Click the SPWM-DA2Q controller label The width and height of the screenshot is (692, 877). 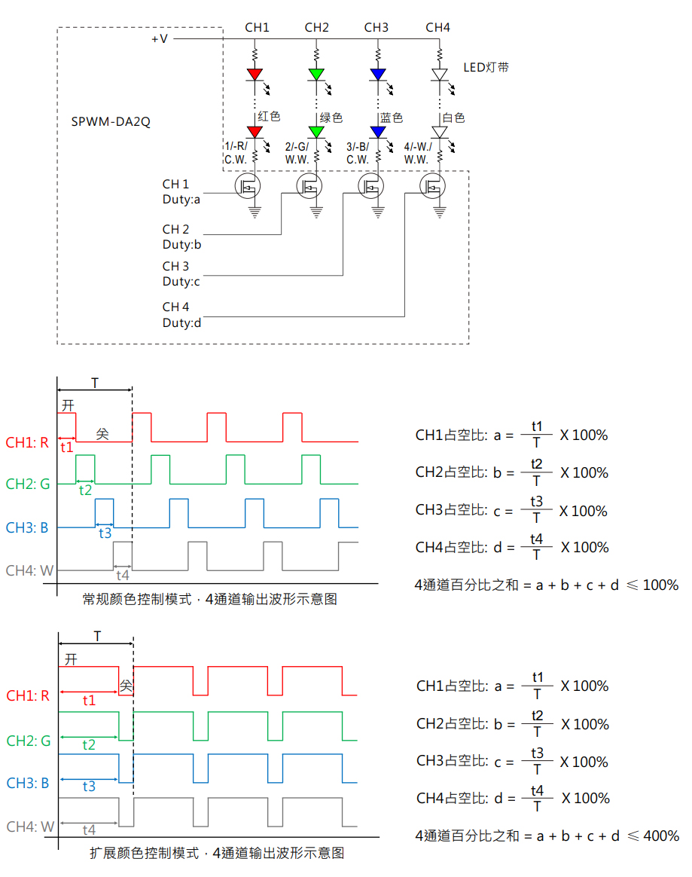click(x=111, y=121)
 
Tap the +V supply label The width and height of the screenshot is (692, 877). click(x=160, y=38)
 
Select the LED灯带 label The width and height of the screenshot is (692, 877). click(x=486, y=67)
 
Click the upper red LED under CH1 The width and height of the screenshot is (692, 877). click(x=255, y=75)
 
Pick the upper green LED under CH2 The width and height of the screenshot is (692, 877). click(x=316, y=75)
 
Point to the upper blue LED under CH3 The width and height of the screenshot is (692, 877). click(x=378, y=75)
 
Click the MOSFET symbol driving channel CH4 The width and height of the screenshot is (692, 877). click(x=433, y=186)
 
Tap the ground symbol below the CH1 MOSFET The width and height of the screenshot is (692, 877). click(x=255, y=212)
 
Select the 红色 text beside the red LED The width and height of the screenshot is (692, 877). click(x=269, y=116)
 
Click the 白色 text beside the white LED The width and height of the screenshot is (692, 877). click(x=453, y=118)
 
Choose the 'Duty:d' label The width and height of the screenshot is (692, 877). click(x=181, y=322)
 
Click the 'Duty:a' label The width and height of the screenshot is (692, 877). click(x=181, y=199)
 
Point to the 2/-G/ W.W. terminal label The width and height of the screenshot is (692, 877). click(x=297, y=153)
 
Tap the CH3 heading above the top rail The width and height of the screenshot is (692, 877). click(x=376, y=27)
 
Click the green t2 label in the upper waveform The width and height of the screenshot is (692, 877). click(x=85, y=490)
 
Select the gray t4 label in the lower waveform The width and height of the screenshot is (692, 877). click(x=89, y=830)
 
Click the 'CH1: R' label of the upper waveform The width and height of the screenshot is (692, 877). click(x=27, y=442)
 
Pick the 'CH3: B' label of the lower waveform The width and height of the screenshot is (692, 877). click(x=27, y=783)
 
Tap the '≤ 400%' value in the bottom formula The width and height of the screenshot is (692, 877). click(x=653, y=836)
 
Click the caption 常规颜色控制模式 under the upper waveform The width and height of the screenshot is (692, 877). click(x=137, y=599)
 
